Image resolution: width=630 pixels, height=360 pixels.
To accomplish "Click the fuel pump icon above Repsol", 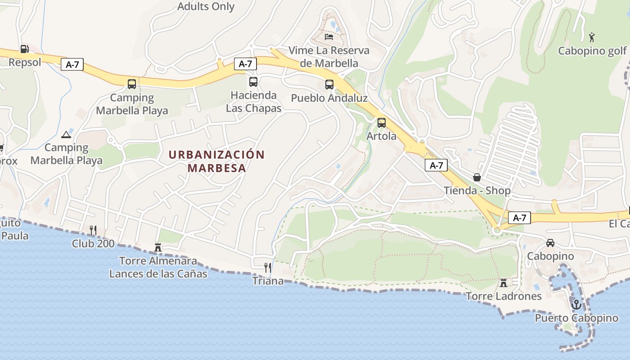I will pos(24,49).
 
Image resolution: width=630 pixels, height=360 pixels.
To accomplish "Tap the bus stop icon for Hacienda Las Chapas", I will pos(253,82).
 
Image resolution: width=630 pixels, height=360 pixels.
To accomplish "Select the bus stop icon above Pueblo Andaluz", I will pos(329,85).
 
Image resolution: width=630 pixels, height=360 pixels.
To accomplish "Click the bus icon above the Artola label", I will pos(382,122).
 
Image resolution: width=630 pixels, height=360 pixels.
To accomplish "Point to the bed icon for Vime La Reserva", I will pos(329,36).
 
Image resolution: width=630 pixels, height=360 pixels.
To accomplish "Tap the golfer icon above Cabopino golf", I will pos(592,36).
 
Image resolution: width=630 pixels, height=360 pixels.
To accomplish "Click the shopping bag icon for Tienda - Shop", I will pos(477,177).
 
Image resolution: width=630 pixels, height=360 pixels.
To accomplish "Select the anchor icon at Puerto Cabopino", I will pos(576,305).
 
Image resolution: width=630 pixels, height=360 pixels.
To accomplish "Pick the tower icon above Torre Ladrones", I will pos(504,283).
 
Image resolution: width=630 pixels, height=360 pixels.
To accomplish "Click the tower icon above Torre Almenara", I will pos(158,247).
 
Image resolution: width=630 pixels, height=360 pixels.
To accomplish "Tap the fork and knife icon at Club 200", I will pos(93,230).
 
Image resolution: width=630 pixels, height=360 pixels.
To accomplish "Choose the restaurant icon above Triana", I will pos(268,268).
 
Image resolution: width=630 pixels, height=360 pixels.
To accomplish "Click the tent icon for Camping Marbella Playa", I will pos(66,134).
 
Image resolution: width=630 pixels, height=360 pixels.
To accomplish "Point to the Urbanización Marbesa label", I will pos(217,161).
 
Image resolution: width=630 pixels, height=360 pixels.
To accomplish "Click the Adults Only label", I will pos(206,6).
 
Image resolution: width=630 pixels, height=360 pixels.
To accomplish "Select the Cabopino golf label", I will pos(592,50).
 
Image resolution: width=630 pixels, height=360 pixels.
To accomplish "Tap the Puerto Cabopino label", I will pos(576,318).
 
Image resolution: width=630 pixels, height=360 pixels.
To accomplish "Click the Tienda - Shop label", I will pos(477,190).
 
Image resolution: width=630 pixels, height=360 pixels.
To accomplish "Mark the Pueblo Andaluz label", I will pos(329,98).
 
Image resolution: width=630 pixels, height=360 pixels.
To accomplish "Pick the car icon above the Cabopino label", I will pos(550,243).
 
